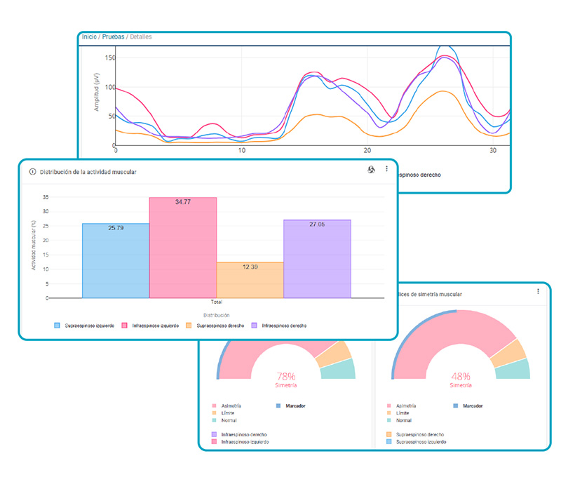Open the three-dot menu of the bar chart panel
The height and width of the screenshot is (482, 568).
[x=386, y=170]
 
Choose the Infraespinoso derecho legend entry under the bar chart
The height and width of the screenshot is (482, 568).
[x=283, y=326]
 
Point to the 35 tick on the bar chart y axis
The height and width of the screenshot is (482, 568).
[x=46, y=197]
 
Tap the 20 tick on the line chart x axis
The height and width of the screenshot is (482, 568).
[x=367, y=151]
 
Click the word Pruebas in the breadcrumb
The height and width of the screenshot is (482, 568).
[x=114, y=36]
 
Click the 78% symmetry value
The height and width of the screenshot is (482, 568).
[x=285, y=376]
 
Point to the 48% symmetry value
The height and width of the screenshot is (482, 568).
[x=461, y=376]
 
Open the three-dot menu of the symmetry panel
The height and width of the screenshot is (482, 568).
[x=539, y=291]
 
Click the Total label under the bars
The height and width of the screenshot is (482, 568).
[x=216, y=302]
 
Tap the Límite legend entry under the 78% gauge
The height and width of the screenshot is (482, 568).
[x=228, y=413]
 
